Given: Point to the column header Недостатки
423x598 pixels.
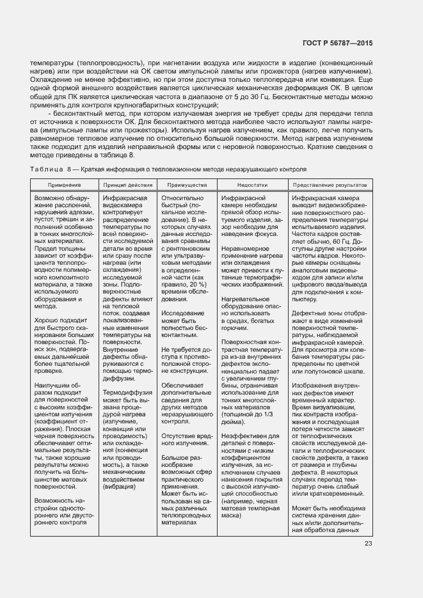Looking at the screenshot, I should point(250,184).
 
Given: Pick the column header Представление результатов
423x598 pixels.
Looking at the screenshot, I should point(330,184).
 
